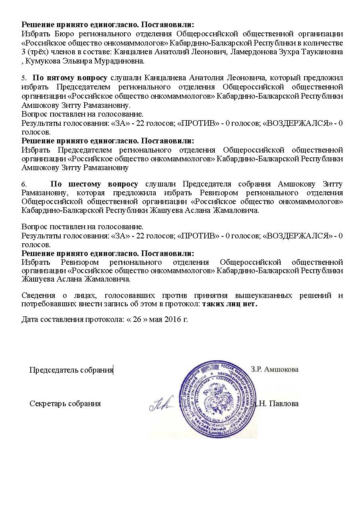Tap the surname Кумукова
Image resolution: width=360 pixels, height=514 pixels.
(43, 62)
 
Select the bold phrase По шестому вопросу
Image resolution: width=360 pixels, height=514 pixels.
(94, 184)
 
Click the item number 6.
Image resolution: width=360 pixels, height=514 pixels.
(24, 185)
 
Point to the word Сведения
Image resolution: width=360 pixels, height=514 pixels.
(38, 296)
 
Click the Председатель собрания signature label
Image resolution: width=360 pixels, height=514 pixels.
(71, 370)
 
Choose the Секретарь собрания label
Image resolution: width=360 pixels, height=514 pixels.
(65, 403)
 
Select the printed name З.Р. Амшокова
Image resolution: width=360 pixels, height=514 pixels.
(275, 369)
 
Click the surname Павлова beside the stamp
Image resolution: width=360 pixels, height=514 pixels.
(284, 403)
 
